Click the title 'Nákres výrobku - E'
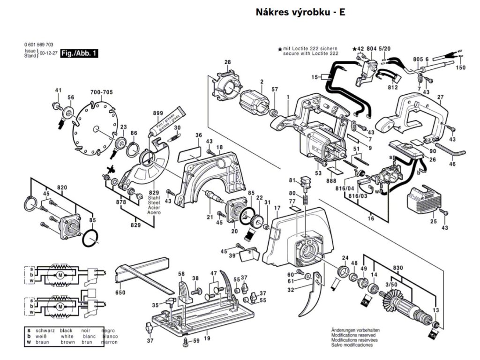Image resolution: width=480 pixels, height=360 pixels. coord(300,13)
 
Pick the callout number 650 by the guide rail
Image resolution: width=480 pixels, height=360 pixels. coord(120,292)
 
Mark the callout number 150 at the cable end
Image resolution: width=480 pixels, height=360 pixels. coord(461,68)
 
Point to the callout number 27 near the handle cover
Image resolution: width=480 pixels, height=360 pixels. coord(440,97)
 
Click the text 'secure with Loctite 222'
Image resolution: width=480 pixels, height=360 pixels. coord(310,53)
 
